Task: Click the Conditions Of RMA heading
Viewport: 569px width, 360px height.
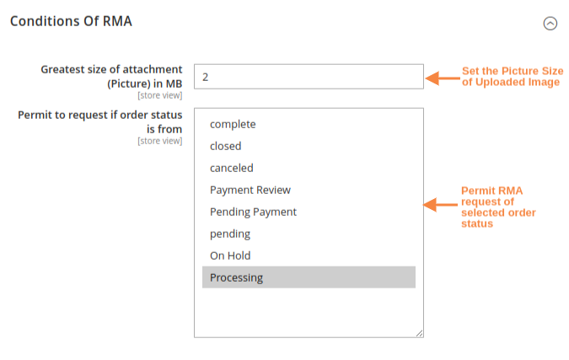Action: point(71,20)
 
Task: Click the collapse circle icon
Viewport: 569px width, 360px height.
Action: point(550,24)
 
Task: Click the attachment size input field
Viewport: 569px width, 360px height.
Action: point(309,77)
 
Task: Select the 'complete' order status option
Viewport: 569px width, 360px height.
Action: point(233,124)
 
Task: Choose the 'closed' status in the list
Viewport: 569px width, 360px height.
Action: point(225,146)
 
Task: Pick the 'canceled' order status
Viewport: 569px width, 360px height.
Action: point(231,168)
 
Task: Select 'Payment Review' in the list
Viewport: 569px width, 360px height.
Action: point(250,190)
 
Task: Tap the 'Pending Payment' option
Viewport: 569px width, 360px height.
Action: point(253,212)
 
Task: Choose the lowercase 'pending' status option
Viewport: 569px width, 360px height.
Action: point(230,234)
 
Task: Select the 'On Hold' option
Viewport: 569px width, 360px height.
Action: point(230,255)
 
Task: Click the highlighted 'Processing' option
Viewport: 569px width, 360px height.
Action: point(236,277)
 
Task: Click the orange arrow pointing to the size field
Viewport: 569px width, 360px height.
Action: point(441,78)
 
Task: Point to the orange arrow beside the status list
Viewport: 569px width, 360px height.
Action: point(441,204)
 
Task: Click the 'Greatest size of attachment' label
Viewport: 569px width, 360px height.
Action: point(111,76)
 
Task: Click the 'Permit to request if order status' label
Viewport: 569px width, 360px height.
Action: point(100,121)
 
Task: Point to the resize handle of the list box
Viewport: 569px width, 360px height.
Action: point(419,333)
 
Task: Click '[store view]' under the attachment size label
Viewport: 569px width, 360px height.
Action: point(159,96)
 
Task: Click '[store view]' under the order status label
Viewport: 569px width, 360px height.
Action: point(159,141)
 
